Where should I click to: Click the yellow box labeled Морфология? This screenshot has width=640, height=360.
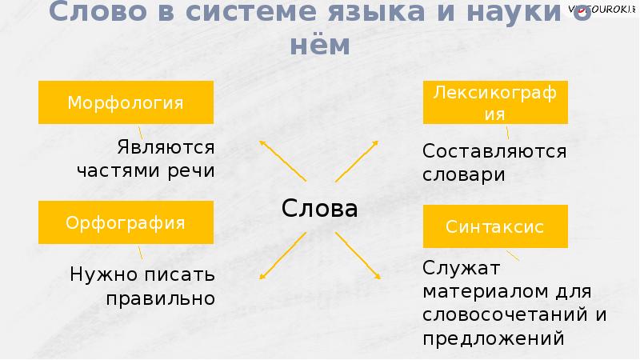126,102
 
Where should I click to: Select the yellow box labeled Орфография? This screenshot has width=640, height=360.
126,222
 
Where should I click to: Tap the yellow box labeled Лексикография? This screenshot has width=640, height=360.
495,102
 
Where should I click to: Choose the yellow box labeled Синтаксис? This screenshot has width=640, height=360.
495,226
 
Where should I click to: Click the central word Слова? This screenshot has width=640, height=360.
319,209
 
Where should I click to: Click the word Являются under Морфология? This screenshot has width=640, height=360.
166,148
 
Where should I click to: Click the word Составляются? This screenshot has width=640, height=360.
494,151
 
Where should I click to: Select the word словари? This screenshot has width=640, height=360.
464,174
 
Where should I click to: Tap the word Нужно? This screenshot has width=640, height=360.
100,276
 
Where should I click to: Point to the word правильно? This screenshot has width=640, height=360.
160,299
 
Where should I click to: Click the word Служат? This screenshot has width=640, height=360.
462,268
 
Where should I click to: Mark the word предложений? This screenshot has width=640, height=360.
494,338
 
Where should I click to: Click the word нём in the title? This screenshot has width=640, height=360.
319,46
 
